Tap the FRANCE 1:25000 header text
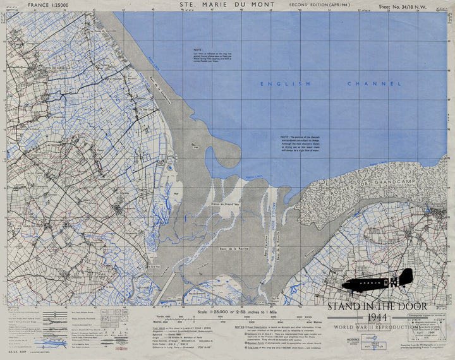44,5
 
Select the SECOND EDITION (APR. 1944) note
318,5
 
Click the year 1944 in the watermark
377,316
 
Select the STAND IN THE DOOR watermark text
377,306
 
